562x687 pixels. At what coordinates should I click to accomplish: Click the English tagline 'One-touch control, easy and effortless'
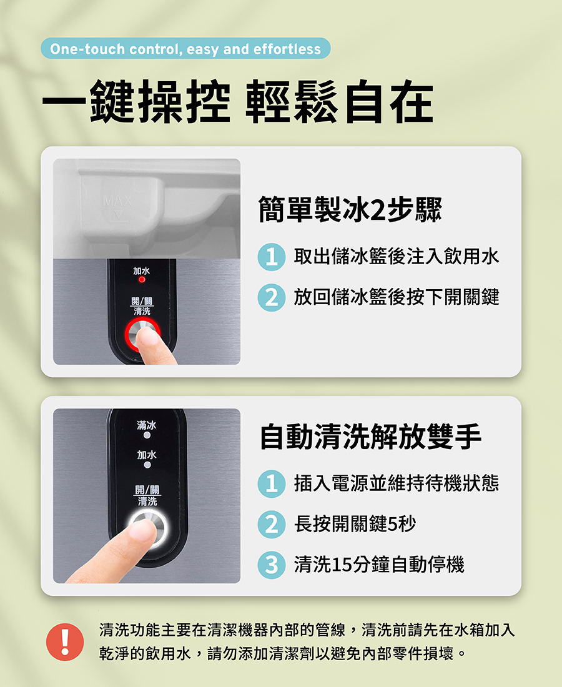185,49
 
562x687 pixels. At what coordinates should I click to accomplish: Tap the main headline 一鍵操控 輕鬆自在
238,101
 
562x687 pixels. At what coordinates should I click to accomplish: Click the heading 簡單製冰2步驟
350,209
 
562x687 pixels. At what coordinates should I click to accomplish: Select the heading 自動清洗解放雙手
370,437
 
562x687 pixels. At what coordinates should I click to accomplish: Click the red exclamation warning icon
65,642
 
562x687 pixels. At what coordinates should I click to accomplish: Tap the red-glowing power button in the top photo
142,334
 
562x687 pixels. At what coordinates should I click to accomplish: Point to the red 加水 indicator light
142,280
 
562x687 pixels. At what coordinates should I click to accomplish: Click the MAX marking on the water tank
117,201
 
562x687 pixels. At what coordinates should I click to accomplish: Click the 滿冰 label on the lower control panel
147,425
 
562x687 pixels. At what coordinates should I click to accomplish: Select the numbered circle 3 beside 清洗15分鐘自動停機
272,565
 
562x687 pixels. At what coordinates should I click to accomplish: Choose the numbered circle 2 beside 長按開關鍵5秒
272,524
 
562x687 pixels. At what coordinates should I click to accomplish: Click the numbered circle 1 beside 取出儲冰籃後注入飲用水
272,257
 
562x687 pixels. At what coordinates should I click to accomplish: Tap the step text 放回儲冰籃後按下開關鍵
397,297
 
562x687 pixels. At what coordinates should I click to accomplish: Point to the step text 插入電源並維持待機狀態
397,483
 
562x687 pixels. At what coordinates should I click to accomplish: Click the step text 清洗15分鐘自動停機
379,565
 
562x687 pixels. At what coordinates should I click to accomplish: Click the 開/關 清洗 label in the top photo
142,306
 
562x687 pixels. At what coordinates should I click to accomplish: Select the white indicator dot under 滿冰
147,435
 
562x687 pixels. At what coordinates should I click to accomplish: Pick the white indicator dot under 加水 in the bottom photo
147,465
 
